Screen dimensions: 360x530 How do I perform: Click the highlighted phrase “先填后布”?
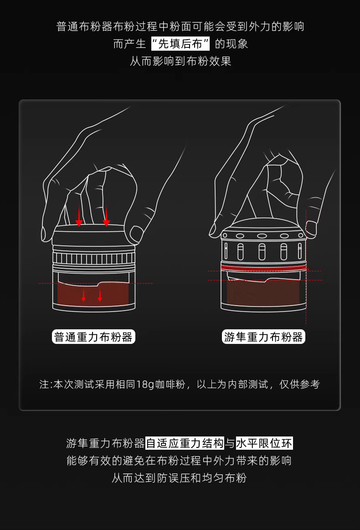pos(180,44)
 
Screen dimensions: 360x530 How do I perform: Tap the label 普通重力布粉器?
pos(93,337)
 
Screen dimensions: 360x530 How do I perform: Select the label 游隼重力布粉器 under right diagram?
pos(263,337)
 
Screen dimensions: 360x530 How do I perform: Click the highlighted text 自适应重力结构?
pos(185,443)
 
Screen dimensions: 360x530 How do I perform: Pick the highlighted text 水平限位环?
pos(264,443)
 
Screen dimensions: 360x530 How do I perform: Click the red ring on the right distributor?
pos(263,268)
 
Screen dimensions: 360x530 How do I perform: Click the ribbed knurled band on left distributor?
pos(94,259)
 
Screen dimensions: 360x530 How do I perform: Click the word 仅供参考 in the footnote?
pos(299,385)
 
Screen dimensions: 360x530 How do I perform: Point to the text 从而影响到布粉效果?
pos(180,61)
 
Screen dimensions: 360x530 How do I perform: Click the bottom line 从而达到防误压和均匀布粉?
pos(180,478)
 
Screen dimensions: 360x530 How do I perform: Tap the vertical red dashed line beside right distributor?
pos(306,267)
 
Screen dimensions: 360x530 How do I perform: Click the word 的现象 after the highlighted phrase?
pos(231,44)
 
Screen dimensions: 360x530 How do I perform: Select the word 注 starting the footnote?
pos(44,385)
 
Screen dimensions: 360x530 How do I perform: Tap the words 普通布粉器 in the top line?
pos(84,26)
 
